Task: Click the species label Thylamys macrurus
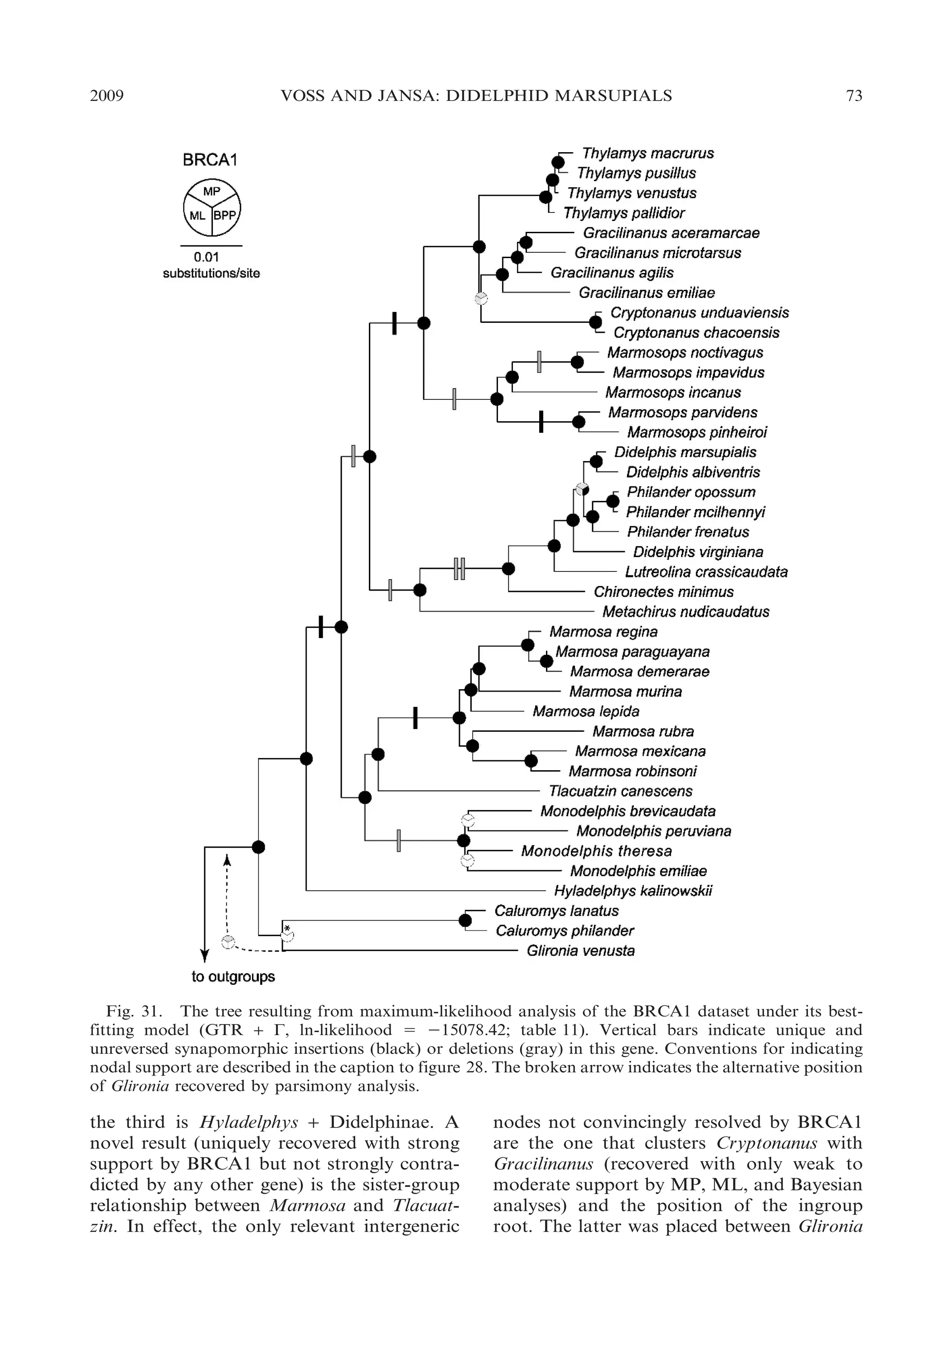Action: (648, 154)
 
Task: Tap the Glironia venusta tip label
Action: (580, 951)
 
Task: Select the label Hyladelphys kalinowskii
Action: (633, 891)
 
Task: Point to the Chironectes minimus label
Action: (663, 592)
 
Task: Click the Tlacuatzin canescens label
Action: (620, 791)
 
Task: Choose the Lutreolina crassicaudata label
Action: (706, 572)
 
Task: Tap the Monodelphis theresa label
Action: (596, 851)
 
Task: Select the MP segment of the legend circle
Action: (212, 191)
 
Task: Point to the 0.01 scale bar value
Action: (207, 257)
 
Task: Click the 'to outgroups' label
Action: (233, 977)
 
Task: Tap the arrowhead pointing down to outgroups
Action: (205, 955)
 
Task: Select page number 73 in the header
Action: (854, 96)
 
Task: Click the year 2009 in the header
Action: (106, 96)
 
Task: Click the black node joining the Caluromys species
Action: (465, 920)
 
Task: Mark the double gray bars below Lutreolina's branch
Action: (459, 569)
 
